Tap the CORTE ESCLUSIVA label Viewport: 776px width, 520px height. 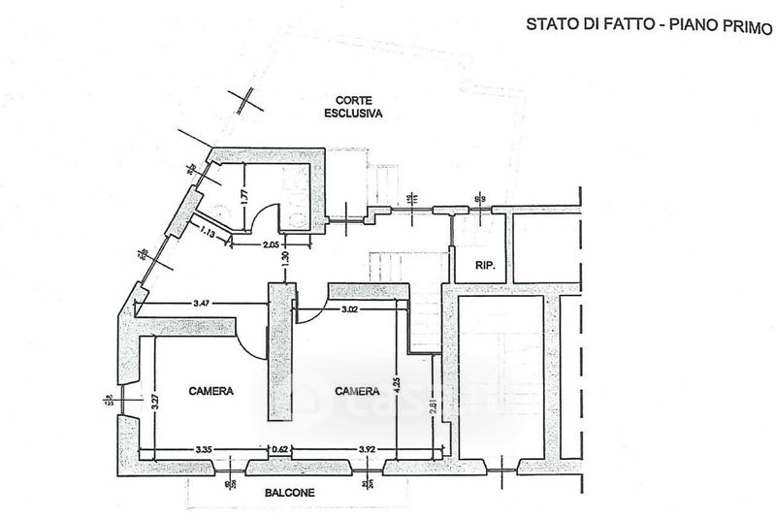tap(354, 106)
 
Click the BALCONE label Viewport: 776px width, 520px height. tap(290, 492)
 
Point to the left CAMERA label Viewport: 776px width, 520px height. tap(210, 391)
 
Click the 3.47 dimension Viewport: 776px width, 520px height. tap(203, 305)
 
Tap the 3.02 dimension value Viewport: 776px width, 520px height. tap(356, 310)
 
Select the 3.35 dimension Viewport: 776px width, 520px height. tap(203, 449)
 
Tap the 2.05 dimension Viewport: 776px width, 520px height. tap(273, 244)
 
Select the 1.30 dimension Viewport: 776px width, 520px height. tap(284, 260)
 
